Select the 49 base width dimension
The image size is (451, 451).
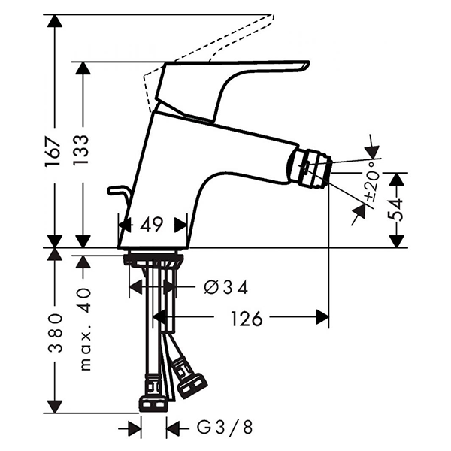tap(153, 224)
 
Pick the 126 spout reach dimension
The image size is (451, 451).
tap(246, 319)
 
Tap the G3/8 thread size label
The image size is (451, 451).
tap(223, 428)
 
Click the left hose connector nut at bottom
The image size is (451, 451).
tap(153, 395)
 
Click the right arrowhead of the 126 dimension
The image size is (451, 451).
tap(322, 317)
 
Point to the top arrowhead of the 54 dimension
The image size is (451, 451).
tap(398, 179)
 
